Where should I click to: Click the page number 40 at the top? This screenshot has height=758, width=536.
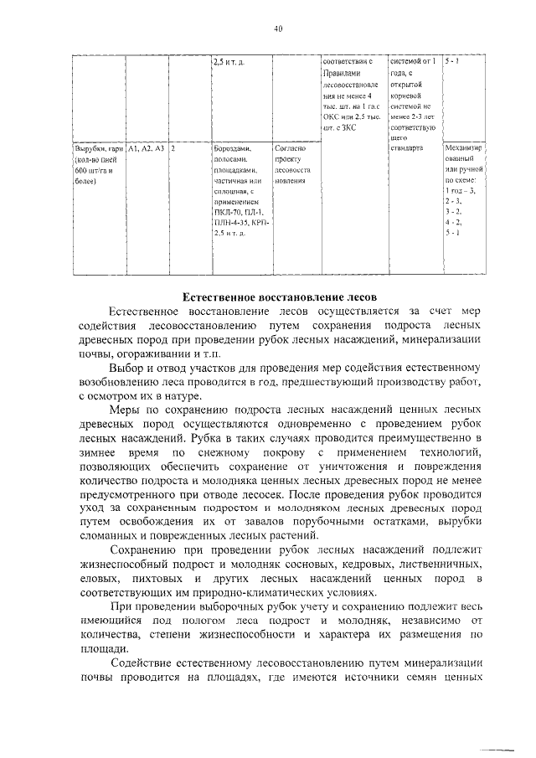[278, 28]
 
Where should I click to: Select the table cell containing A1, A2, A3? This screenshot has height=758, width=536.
[147, 148]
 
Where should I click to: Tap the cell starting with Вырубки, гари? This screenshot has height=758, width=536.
[96, 164]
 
